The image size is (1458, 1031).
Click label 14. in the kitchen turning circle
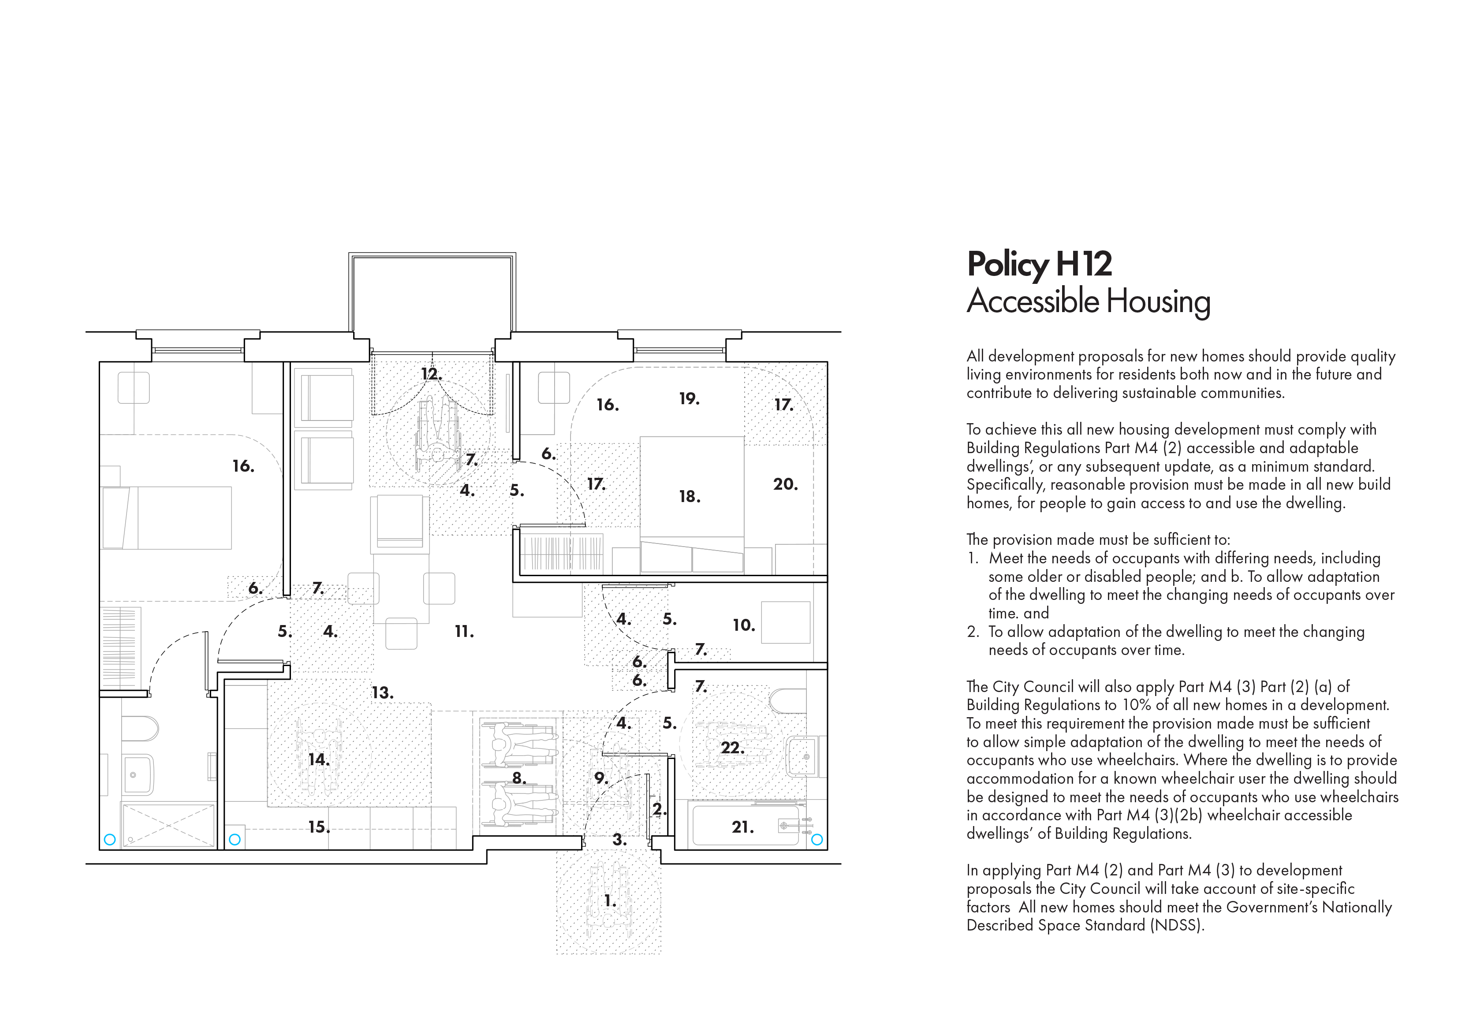(318, 759)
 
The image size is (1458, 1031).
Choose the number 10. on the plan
(744, 625)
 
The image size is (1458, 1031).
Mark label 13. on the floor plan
(382, 692)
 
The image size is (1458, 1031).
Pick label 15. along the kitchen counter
(318, 827)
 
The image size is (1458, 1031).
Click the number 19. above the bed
(689, 398)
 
